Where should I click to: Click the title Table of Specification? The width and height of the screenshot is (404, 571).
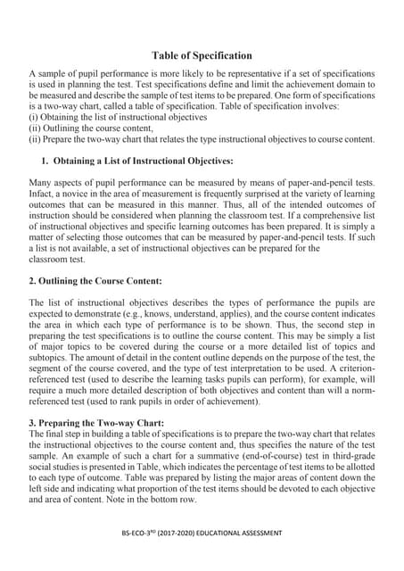pyautogui.click(x=202, y=55)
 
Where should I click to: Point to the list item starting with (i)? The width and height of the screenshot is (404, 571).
pyautogui.click(x=118, y=117)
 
